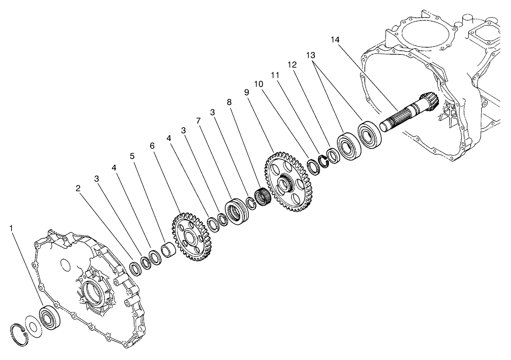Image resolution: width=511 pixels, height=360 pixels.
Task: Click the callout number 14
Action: coord(336,40)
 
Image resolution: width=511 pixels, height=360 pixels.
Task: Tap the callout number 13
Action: coord(311,55)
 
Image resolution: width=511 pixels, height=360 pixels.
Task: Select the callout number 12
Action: coord(292,65)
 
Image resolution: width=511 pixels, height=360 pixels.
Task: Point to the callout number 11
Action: coord(275,75)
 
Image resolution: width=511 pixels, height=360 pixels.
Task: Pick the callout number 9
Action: coord(247,93)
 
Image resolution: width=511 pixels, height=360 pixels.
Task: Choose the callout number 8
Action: coord(229,102)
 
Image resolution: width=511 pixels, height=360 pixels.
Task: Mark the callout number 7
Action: coord(198,121)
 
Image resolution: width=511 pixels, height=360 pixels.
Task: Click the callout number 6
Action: coord(151,146)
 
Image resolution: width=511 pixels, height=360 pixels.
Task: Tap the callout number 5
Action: coord(132,156)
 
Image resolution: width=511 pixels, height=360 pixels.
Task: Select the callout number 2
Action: coord(78,188)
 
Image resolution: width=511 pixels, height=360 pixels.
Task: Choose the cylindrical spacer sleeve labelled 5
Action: coord(168,250)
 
